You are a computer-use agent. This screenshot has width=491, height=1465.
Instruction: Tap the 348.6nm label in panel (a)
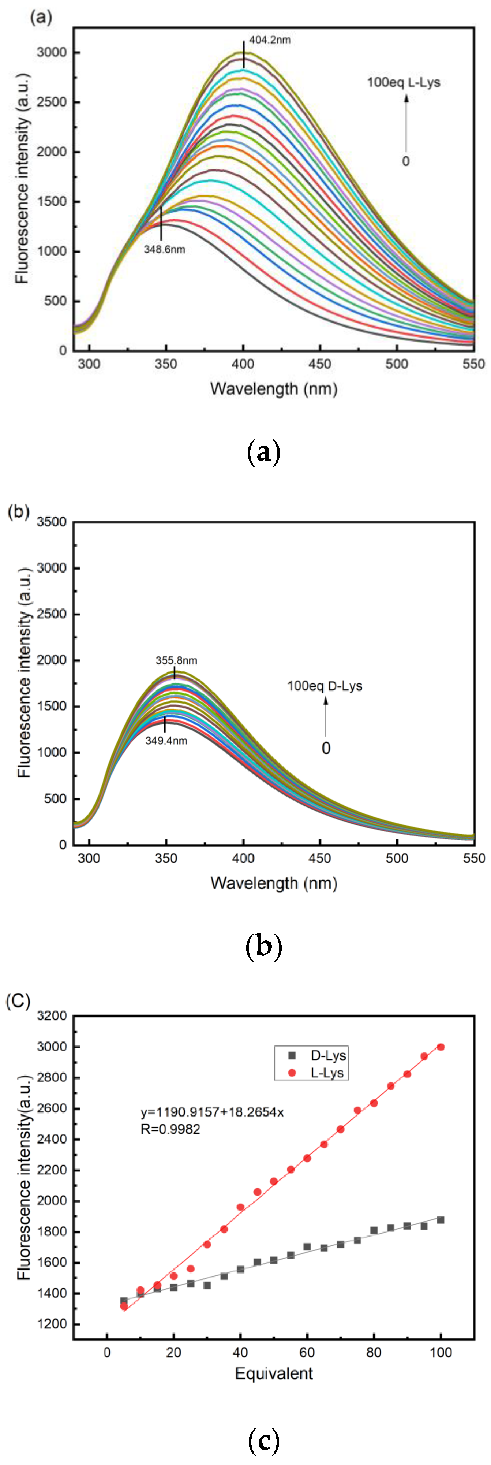(x=164, y=249)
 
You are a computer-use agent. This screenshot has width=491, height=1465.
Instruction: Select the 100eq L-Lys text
(x=404, y=82)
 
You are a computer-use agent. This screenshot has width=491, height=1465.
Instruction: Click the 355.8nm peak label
(x=176, y=660)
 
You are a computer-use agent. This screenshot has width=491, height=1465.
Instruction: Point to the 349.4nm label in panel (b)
(x=166, y=741)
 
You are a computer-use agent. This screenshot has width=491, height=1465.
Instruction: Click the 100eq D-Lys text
(x=325, y=686)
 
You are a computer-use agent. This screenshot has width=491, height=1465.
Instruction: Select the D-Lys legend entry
(x=318, y=1055)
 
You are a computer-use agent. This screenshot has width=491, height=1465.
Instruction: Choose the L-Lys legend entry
(x=318, y=1073)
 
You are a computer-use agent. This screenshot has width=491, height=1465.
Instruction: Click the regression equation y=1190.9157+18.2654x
(x=212, y=1112)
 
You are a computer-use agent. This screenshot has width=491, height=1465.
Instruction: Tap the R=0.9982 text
(x=170, y=1129)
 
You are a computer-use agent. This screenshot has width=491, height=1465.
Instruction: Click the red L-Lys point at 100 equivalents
(x=441, y=1047)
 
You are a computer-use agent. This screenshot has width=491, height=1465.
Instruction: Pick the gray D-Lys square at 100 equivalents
(x=441, y=1220)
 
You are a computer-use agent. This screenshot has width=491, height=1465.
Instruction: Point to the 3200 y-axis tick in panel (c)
(x=52, y=1016)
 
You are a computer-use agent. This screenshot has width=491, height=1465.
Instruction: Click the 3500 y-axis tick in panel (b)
(x=52, y=522)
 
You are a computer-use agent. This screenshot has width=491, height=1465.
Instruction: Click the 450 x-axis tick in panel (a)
(x=320, y=364)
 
